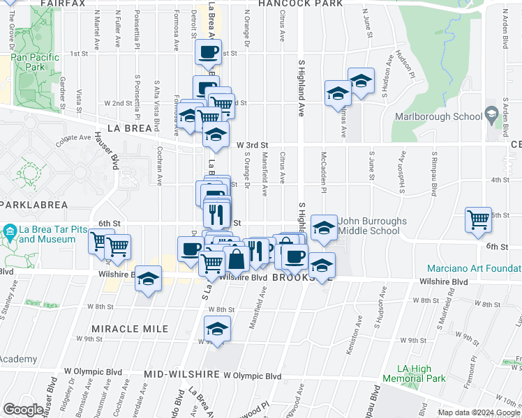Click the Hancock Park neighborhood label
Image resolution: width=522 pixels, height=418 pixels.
coord(300,3)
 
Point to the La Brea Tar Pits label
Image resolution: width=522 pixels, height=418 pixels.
coord(47,234)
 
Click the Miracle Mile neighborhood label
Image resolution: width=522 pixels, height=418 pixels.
coord(130,328)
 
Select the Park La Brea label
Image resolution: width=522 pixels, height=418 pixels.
coord(33,205)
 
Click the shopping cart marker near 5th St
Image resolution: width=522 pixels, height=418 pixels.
coord(478,219)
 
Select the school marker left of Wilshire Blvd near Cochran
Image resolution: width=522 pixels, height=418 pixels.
coord(147,279)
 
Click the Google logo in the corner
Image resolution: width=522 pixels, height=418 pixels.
coord(23,410)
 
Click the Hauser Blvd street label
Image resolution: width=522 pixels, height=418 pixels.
coord(113,153)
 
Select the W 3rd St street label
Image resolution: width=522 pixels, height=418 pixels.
coord(252,145)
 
